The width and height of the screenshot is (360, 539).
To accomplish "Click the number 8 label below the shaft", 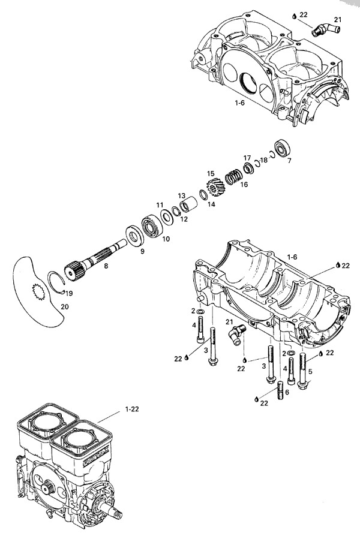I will point(106,265).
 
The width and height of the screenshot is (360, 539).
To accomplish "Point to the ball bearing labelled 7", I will point(282,147).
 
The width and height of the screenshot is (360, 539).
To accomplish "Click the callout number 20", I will point(65,306).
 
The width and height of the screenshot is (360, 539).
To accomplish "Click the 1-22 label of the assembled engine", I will point(133,409).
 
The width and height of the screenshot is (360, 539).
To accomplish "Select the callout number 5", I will point(310,371).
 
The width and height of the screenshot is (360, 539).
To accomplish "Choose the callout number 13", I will point(181,196).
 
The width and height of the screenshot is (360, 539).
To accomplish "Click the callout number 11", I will point(160,205).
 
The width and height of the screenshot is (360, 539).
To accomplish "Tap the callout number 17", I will point(247,158).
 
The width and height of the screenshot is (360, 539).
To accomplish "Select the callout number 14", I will point(211,204).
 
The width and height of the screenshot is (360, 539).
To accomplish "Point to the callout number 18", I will point(265,160).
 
